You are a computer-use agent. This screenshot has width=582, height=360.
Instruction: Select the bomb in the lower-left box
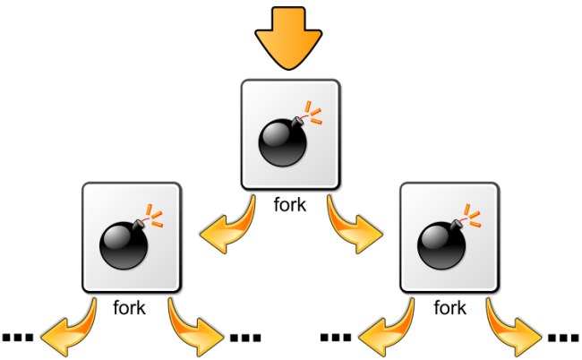(123, 241)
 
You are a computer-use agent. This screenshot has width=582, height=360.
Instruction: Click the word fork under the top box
(290, 204)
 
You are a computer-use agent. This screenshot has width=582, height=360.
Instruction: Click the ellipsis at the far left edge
(17, 338)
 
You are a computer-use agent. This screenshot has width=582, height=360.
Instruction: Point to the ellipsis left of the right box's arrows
(336, 338)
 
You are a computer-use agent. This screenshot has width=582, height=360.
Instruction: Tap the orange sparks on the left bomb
(155, 215)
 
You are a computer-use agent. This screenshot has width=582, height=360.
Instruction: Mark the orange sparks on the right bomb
(474, 215)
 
